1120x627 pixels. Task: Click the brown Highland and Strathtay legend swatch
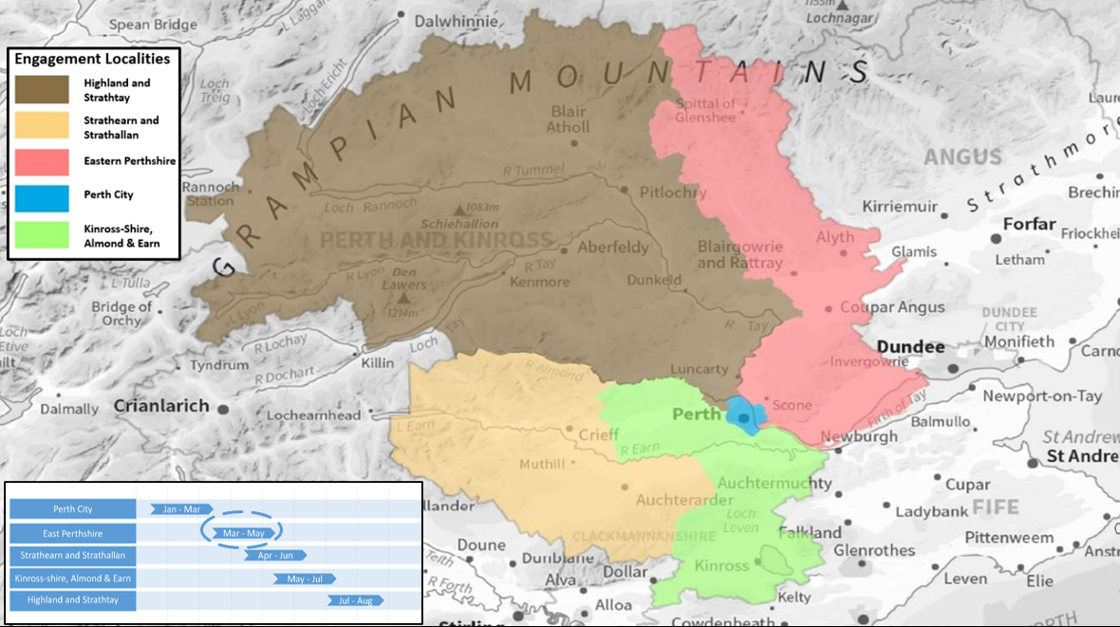point(42,89)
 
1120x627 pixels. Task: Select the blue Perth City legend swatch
point(42,197)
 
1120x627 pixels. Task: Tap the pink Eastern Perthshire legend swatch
point(42,161)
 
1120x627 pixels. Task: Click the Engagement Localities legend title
point(92,59)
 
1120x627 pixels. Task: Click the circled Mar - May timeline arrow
point(243,533)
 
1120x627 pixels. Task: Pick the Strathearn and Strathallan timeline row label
point(73,555)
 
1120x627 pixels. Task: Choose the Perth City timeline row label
point(73,509)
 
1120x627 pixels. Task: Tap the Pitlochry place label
point(673,193)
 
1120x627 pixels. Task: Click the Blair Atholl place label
point(569,120)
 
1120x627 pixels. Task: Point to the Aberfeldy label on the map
point(613,248)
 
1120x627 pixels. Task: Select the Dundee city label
point(909,347)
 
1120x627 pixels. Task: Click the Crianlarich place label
point(161,406)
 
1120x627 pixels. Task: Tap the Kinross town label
point(721,566)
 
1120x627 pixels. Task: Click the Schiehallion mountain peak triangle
point(460,210)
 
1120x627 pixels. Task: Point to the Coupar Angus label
point(892,307)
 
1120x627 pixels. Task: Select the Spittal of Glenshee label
point(705,111)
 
